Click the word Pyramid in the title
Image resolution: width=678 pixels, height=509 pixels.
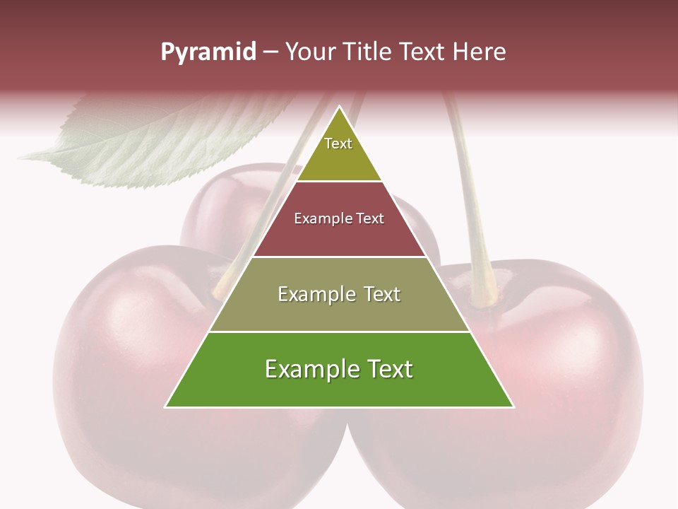[x=208, y=52]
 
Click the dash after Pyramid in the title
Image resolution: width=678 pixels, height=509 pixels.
[x=270, y=52]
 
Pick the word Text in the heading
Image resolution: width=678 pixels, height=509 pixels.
[x=424, y=52]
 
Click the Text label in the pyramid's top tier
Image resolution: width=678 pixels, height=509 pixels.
[x=338, y=144]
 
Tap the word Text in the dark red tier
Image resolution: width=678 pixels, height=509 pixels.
[x=370, y=218]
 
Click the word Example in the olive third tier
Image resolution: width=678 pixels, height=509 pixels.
[x=311, y=294]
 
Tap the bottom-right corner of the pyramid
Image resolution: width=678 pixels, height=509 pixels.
[x=513, y=406]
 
